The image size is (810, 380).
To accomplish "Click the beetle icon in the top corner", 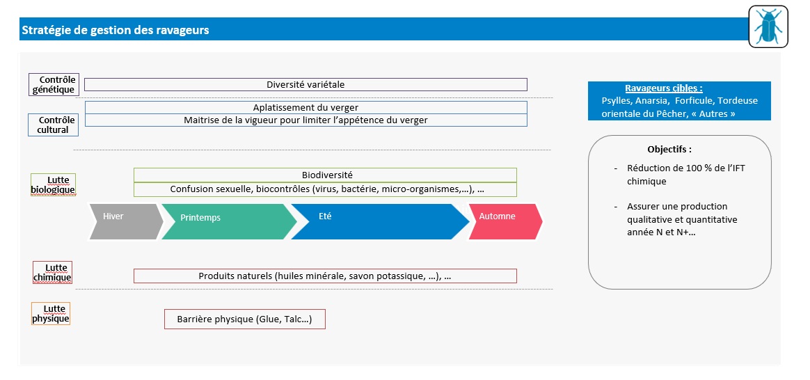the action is (768, 27).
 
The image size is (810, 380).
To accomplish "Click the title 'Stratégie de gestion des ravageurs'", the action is (116, 31).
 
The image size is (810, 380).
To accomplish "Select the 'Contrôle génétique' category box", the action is (54, 85).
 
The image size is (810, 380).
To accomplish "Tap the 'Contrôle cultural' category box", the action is (53, 125).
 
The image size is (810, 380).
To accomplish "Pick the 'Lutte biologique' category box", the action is (53, 185).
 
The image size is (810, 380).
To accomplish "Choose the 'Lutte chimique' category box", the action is (53, 273).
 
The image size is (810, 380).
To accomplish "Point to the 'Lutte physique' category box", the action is (51, 313).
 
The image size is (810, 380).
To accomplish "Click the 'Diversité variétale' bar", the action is (305, 85).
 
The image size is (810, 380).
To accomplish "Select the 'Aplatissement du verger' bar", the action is (305, 107).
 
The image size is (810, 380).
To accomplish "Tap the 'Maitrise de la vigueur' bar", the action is (305, 120).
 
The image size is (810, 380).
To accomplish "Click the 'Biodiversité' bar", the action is (326, 175).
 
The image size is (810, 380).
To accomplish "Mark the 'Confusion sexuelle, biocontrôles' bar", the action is (326, 189).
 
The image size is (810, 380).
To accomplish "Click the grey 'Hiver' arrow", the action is (126, 221).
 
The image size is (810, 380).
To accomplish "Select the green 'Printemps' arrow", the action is (230, 221).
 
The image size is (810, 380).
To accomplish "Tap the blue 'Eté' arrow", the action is (380, 221).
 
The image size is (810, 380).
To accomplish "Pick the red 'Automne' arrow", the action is (505, 221).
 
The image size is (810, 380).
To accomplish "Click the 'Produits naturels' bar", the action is (326, 276).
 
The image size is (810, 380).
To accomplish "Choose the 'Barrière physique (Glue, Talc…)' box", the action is (245, 319).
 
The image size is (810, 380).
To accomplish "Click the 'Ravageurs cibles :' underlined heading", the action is (664, 88).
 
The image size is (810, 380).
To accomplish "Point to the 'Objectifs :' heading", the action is (669, 149).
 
